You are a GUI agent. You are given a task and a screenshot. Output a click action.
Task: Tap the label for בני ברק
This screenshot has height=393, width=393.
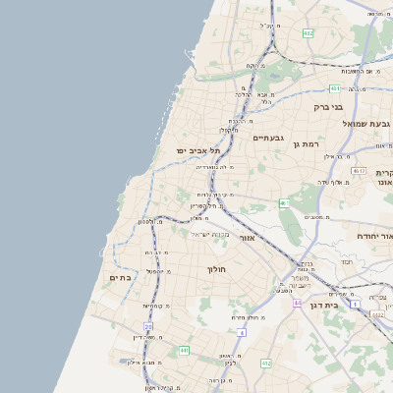327,106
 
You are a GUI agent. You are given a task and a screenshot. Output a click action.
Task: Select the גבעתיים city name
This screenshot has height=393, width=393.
268,138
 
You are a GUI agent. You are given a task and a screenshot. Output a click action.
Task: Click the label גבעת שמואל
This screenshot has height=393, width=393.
367,124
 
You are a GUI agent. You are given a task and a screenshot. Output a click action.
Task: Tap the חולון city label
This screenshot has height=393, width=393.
216,268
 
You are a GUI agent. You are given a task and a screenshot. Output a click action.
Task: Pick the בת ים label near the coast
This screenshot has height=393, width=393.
119,278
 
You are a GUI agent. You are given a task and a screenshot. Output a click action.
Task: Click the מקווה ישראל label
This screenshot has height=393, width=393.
208,234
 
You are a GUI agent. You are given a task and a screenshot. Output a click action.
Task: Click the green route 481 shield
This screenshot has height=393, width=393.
335,87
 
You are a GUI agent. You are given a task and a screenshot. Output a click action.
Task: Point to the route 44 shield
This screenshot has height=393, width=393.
297,303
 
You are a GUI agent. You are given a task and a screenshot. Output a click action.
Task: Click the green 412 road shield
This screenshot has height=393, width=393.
265,364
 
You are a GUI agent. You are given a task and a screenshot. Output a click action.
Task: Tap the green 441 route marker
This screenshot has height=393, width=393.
184,350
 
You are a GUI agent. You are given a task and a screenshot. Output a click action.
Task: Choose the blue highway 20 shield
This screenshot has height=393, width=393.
148,326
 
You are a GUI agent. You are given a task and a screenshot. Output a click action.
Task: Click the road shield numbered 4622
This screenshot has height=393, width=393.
377,314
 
